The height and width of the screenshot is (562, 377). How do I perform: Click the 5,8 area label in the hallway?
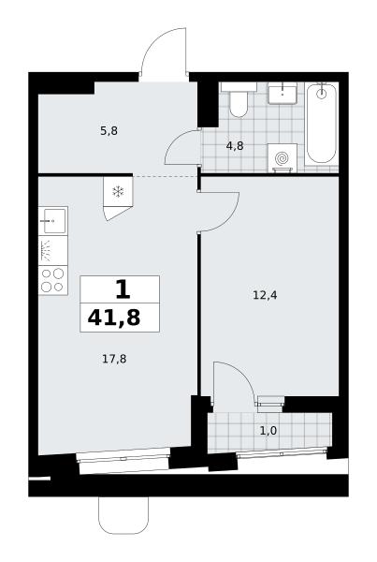[x=109, y=131]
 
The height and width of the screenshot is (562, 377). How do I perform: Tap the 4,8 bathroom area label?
[x=235, y=146]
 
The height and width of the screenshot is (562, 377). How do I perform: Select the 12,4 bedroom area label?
[x=265, y=295]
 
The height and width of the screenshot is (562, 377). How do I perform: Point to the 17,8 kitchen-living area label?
[x=114, y=359]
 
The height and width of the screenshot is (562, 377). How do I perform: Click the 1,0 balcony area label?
[x=268, y=431]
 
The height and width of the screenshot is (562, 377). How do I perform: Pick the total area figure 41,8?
[x=114, y=318]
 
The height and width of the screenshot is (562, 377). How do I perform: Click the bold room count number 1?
[x=123, y=289]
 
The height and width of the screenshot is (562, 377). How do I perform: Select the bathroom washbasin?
[x=283, y=93]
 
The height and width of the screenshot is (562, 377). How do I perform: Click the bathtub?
[x=322, y=124]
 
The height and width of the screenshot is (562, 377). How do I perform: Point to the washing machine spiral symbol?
[x=283, y=157]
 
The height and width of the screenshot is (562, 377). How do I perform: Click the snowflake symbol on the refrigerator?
[x=118, y=192]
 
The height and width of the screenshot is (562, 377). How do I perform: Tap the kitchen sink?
[x=53, y=221]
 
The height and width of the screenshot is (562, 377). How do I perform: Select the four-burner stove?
[x=53, y=280]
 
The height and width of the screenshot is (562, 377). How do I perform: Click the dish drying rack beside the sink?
[x=53, y=250]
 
